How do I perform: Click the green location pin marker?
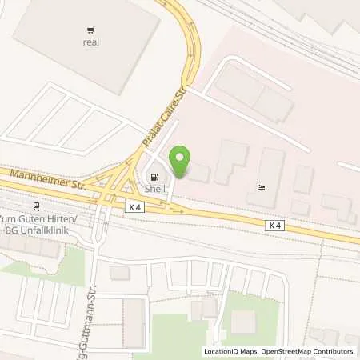(182, 162)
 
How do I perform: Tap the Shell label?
(154, 189)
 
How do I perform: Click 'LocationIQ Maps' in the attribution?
(230, 351)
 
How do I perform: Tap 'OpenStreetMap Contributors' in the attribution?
(308, 351)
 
